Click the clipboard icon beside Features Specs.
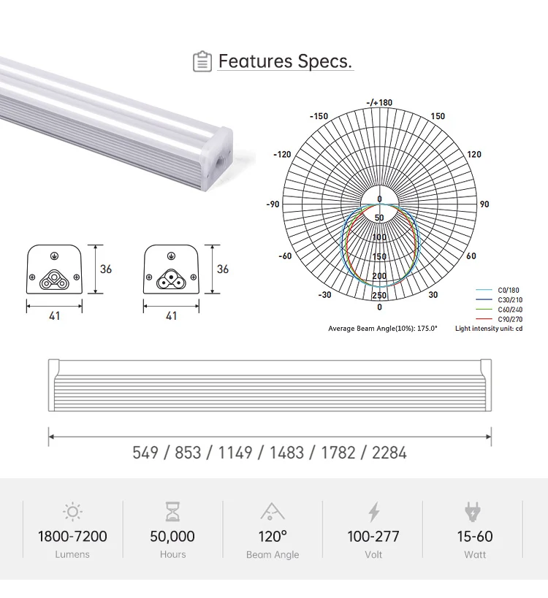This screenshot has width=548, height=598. pyautogui.click(x=202, y=61)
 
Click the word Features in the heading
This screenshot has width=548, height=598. pyautogui.click(x=255, y=61)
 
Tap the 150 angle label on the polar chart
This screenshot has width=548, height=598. pyautogui.click(x=438, y=116)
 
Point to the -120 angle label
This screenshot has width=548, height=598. pyautogui.click(x=282, y=155)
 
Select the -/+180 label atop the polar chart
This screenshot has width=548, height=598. pyautogui.click(x=379, y=102)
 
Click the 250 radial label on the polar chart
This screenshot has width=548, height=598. pyautogui.click(x=379, y=295)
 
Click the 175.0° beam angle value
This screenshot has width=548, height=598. pyautogui.click(x=427, y=329)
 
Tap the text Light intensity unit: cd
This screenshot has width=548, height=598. pyautogui.click(x=489, y=329)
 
